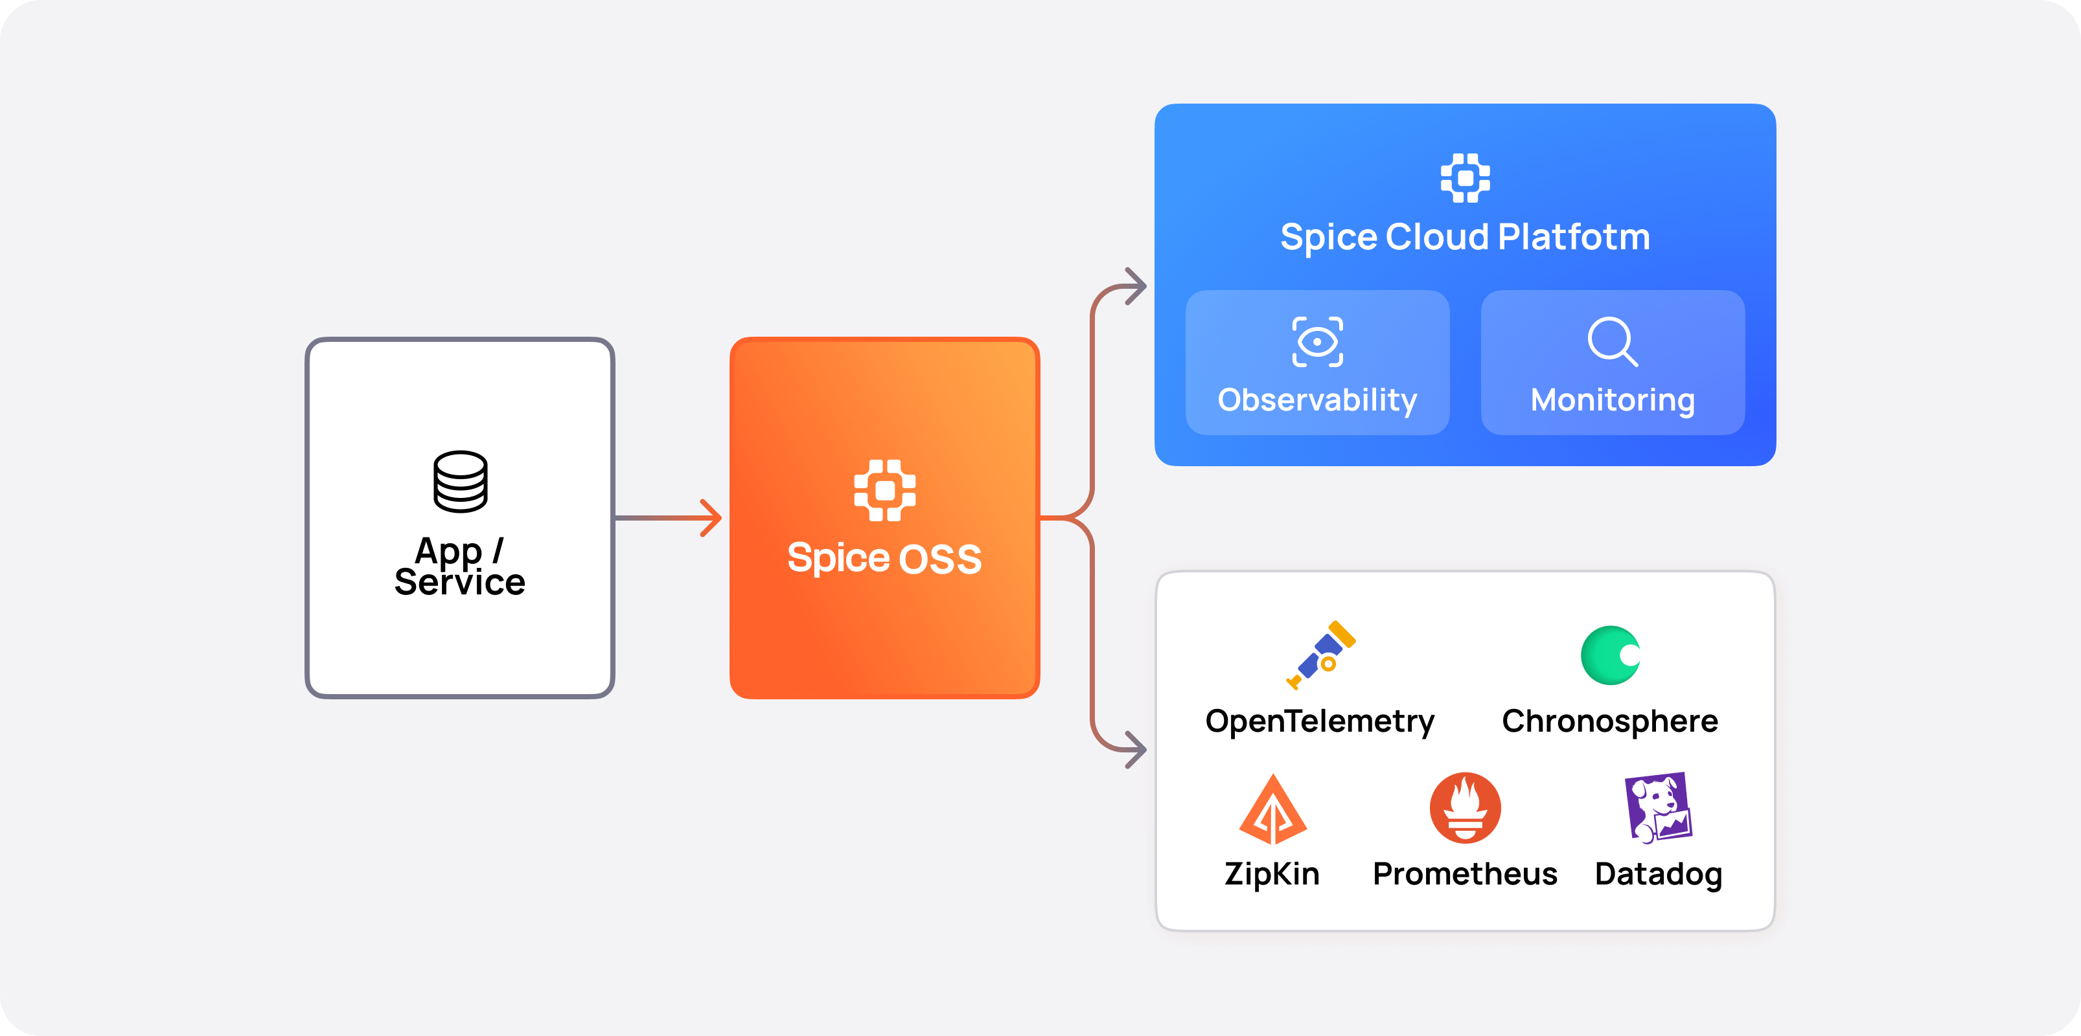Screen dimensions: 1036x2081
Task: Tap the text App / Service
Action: pos(459,567)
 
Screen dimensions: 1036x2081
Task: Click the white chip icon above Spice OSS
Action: pos(884,490)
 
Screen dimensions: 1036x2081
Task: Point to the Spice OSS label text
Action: pos(884,559)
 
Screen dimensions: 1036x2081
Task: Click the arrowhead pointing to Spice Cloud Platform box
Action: pos(1136,287)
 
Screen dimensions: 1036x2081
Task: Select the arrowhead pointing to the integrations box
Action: pos(1136,749)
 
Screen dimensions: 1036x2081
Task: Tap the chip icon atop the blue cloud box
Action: pos(1466,177)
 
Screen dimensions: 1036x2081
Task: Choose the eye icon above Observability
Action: pos(1318,343)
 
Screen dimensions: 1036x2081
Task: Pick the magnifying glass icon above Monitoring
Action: pos(1613,342)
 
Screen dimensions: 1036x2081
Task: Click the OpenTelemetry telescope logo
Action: pos(1322,655)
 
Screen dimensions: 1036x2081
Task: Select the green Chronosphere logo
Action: pos(1611,655)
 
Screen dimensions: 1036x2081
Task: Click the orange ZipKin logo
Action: pos(1273,810)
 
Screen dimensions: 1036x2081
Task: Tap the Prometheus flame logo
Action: pos(1466,808)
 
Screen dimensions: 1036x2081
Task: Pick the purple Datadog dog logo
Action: pos(1658,807)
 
